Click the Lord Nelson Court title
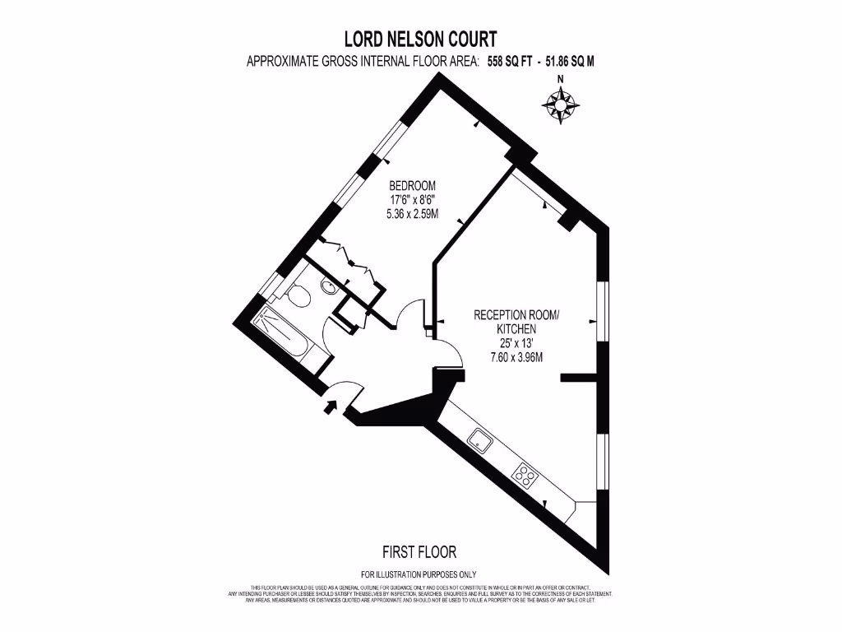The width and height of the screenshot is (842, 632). [419, 39]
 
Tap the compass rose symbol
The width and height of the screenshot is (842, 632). [561, 105]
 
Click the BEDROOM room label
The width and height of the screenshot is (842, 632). [412, 185]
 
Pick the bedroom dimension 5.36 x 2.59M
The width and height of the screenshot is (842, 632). [412, 213]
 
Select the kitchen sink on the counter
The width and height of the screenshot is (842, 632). [479, 442]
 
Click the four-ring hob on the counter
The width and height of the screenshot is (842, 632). [523, 473]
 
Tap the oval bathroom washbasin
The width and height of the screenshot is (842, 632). [327, 287]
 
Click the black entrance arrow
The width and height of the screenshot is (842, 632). [332, 405]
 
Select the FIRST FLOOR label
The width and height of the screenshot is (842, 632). [419, 551]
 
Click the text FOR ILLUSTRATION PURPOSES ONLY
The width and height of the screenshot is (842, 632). [419, 574]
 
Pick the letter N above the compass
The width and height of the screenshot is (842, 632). [561, 80]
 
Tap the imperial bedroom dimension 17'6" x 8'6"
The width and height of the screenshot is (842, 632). [412, 199]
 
